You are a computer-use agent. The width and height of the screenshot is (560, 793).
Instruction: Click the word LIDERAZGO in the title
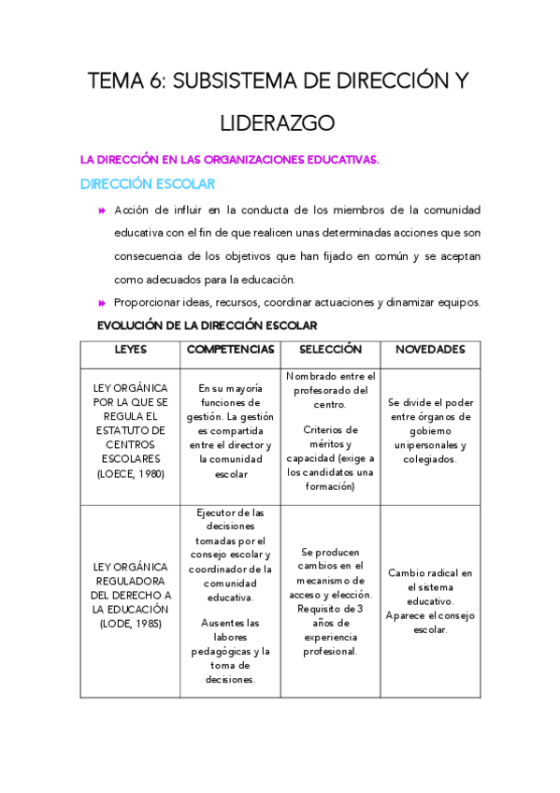point(278,123)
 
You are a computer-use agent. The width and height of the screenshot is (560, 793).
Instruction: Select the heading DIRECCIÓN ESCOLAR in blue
point(148,184)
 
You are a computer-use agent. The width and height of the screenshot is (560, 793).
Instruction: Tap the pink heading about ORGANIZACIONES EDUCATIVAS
point(229,160)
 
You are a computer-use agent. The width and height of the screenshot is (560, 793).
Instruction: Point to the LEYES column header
point(130,350)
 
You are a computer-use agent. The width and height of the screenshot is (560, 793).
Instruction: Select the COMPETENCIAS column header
point(230,350)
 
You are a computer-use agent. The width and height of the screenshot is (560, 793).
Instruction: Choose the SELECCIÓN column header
point(330,350)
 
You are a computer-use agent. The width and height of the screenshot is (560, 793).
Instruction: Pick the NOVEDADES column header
point(430,350)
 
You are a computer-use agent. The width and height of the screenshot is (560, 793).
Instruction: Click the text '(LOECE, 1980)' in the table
point(130,473)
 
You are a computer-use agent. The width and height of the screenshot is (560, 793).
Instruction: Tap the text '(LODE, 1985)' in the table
point(130,624)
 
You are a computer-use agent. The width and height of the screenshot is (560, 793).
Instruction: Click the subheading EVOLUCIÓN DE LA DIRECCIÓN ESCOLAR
point(208,325)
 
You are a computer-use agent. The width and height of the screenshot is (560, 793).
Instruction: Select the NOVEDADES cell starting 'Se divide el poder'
point(430,431)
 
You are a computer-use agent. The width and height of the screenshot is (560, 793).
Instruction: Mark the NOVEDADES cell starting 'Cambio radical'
point(430,587)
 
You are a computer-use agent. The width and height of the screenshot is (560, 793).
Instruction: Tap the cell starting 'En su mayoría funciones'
point(230,431)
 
